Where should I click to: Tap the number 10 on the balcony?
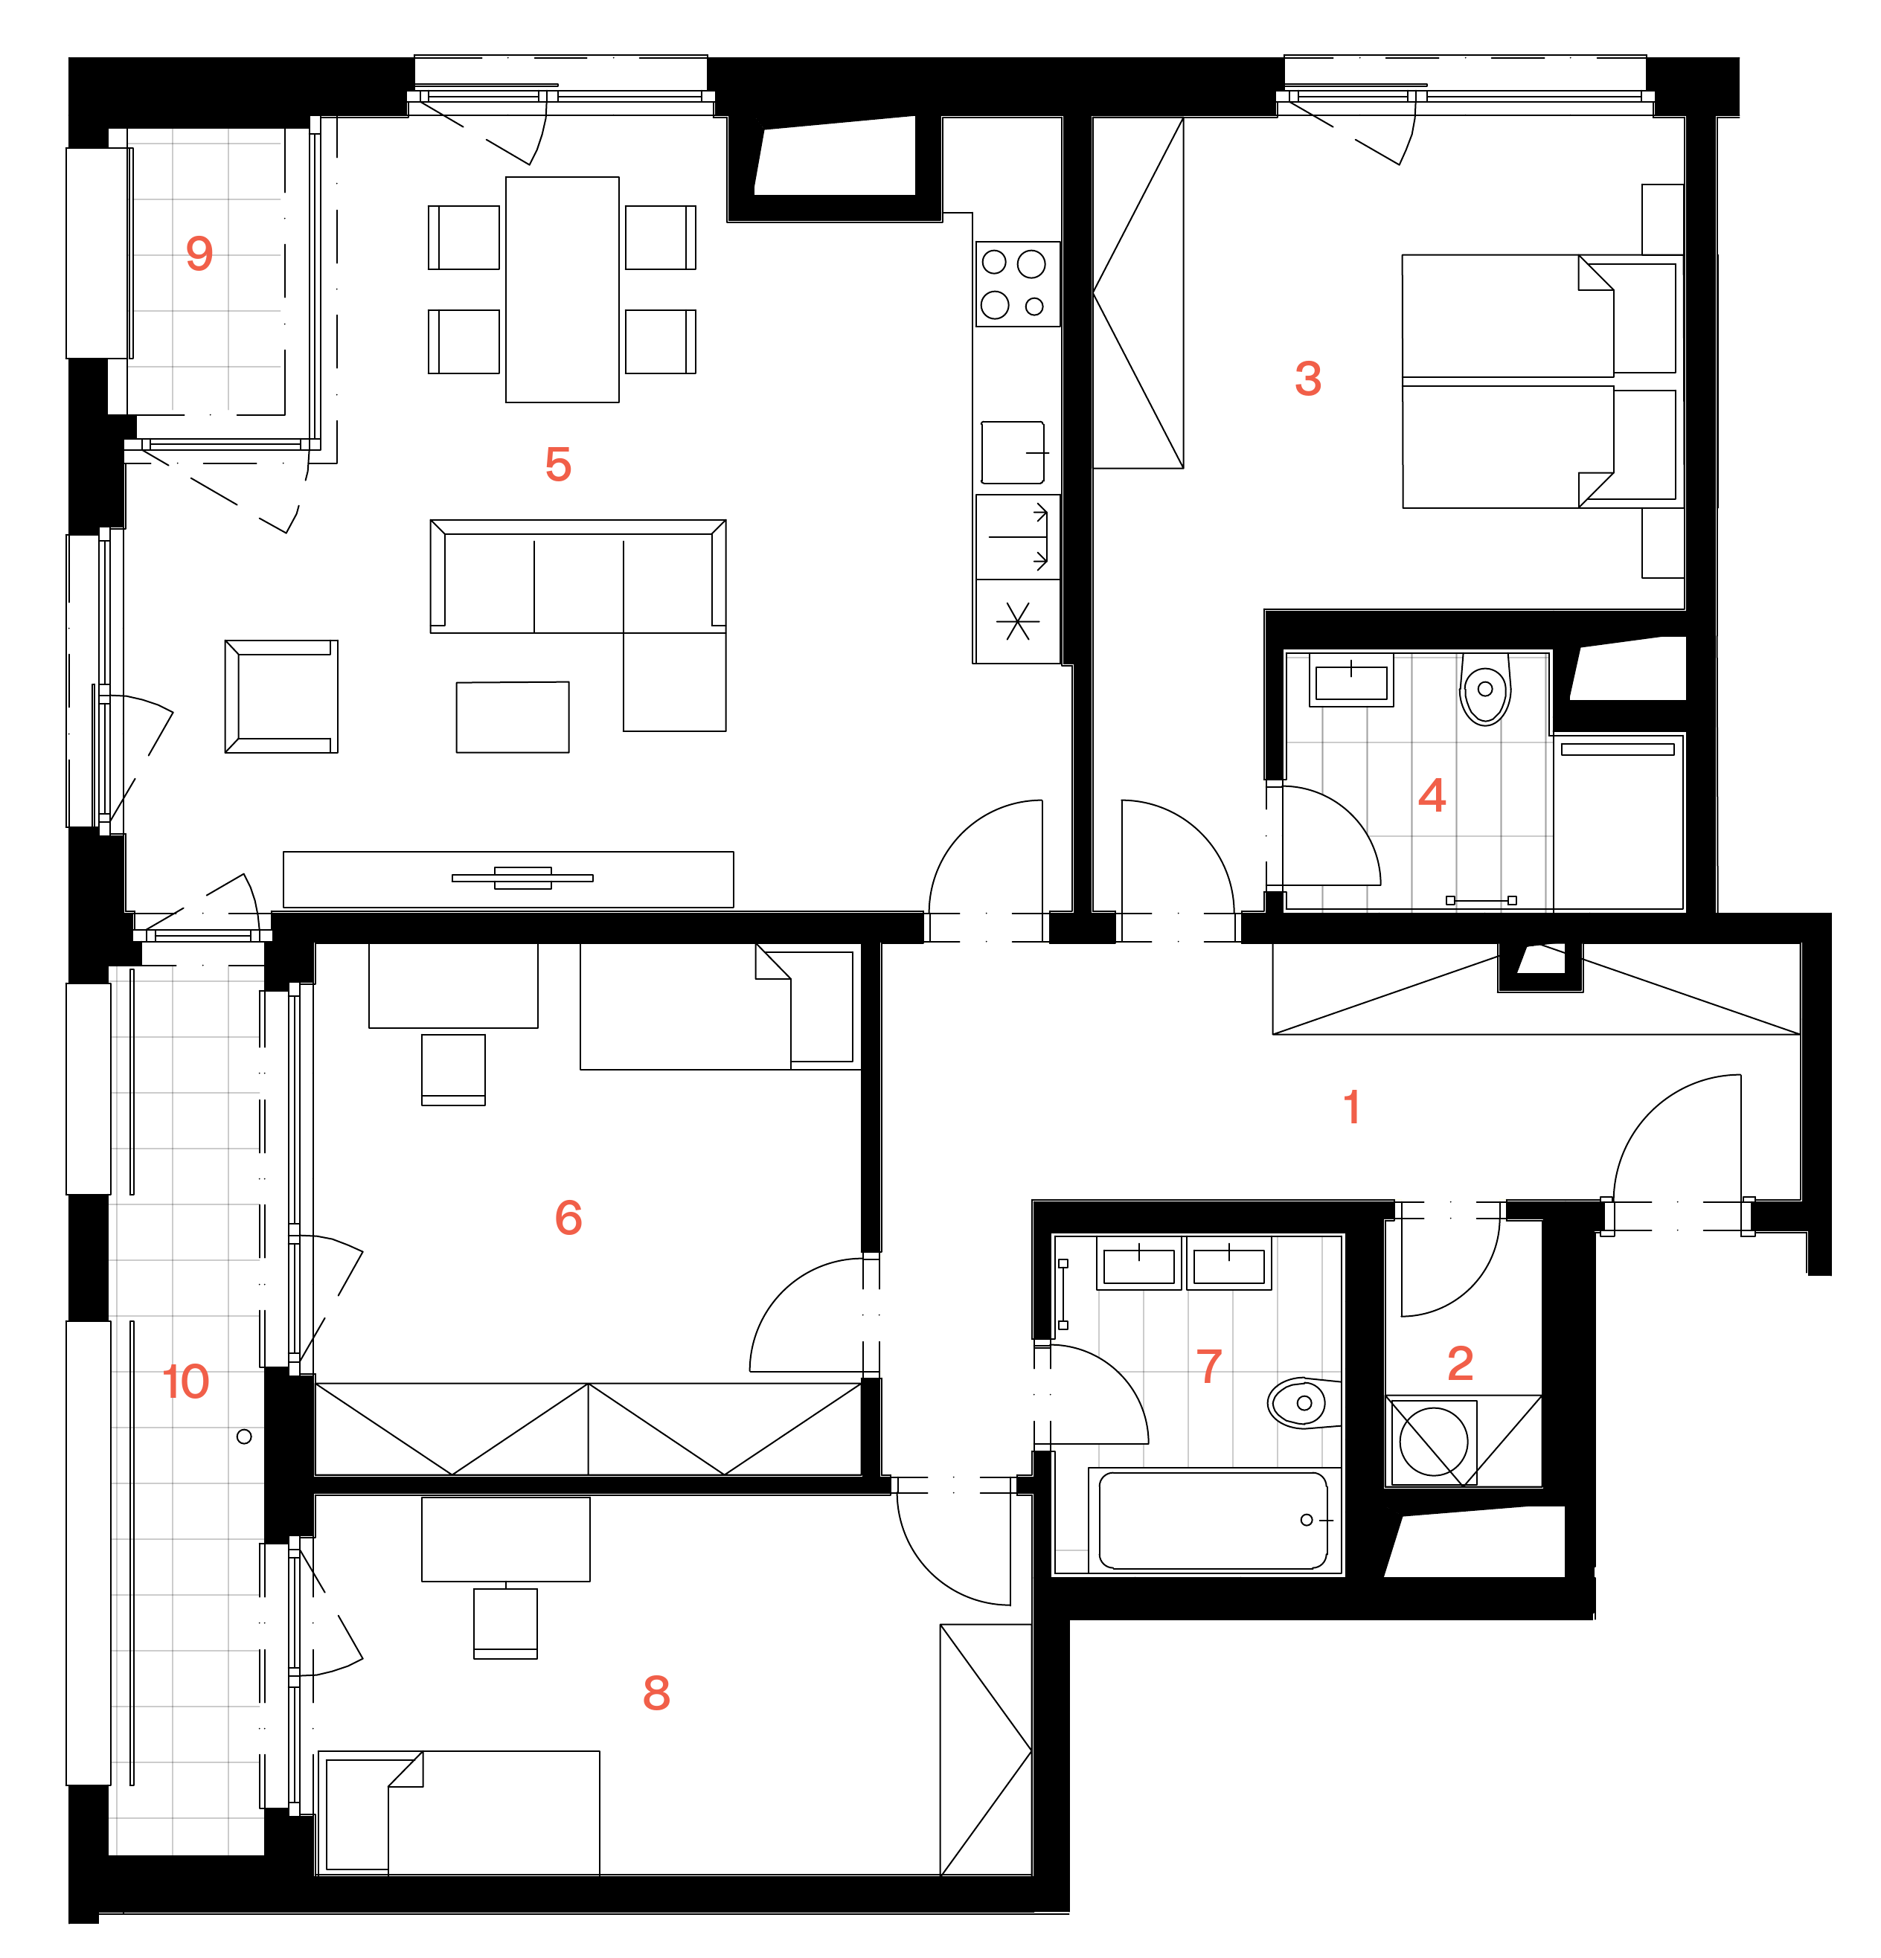coord(186,1381)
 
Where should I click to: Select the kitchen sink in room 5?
coord(1014,452)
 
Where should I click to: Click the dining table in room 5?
coord(563,289)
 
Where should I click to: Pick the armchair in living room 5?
coord(282,696)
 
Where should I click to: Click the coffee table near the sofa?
coord(513,717)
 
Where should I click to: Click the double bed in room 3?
coord(1539,382)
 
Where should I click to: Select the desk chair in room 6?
coord(454,1070)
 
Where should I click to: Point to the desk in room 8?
coord(505,1539)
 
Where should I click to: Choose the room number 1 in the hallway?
coord(1351,1107)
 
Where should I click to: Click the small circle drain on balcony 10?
coord(244,1437)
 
